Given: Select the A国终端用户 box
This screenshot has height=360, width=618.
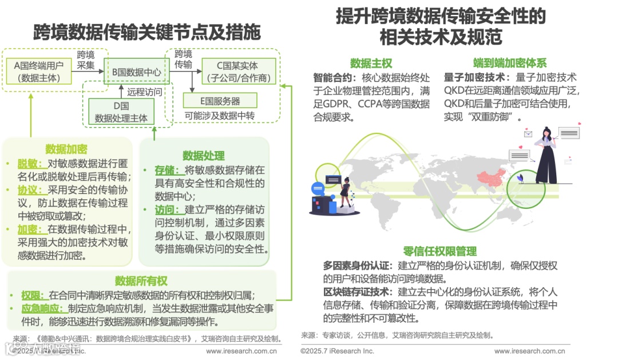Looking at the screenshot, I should [x=39, y=72].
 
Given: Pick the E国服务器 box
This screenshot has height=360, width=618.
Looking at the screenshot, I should [x=220, y=101].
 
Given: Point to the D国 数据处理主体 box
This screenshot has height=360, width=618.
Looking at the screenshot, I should [x=121, y=112].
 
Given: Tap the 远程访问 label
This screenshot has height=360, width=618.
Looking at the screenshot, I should [x=144, y=92].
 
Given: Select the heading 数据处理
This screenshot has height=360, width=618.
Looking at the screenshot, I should [x=203, y=155].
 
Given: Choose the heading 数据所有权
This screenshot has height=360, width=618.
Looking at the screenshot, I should [x=141, y=280].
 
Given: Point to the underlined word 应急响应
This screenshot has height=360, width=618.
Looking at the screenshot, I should [x=39, y=309].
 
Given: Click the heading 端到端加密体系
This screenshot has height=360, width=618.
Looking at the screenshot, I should [x=510, y=64].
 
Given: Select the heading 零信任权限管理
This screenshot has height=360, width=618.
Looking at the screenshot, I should [x=439, y=252].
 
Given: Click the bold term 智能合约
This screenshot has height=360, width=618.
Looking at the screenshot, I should [x=331, y=77].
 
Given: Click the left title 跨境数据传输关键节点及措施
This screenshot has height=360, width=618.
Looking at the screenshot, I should [x=146, y=32].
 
